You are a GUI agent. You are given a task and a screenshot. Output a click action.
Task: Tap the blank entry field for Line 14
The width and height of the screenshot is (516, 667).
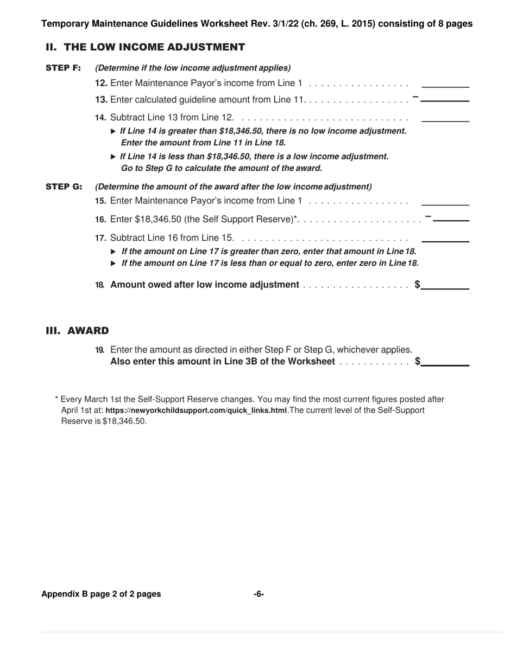445,117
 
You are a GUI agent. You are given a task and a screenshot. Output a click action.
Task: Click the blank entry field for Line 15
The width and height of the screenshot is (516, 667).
445,201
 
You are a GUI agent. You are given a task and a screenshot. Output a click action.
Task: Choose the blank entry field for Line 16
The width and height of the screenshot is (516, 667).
451,217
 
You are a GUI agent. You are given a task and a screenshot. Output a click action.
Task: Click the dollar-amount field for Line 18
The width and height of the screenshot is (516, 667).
445,285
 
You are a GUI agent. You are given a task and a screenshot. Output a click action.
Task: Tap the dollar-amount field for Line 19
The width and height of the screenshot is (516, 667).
445,361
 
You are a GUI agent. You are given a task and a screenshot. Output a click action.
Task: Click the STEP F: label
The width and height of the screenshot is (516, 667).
63,68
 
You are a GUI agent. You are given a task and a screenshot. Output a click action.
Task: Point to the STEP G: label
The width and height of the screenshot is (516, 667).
64,187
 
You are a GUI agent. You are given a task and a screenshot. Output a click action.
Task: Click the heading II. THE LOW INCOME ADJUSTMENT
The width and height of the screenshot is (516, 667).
145,47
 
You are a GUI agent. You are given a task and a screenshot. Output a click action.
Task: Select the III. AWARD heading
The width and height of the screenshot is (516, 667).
77,331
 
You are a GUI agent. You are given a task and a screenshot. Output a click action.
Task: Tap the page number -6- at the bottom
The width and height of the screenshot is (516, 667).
259,594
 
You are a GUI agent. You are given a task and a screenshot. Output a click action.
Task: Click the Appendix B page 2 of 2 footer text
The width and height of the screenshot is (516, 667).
101,594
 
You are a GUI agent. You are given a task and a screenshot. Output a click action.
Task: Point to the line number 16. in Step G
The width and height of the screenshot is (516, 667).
101,219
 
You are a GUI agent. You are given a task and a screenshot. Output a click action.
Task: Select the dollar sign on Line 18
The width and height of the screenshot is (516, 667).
417,284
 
